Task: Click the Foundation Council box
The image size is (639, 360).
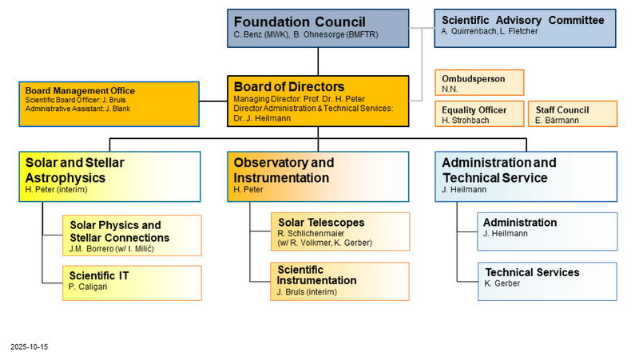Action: tap(318, 28)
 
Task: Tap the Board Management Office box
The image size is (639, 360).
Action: tap(109, 102)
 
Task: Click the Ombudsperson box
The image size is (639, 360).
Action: tap(480, 83)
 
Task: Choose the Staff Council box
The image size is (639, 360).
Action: tap(572, 115)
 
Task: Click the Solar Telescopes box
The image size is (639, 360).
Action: tap(340, 231)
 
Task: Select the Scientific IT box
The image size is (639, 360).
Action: tap(132, 283)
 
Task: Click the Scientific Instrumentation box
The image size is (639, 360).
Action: tap(340, 281)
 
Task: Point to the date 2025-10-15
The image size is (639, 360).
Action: tap(30, 347)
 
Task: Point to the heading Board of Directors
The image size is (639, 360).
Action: tap(289, 86)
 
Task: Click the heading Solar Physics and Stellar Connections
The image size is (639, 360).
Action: tap(120, 231)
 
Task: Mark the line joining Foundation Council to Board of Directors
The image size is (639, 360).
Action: tap(318, 61)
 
